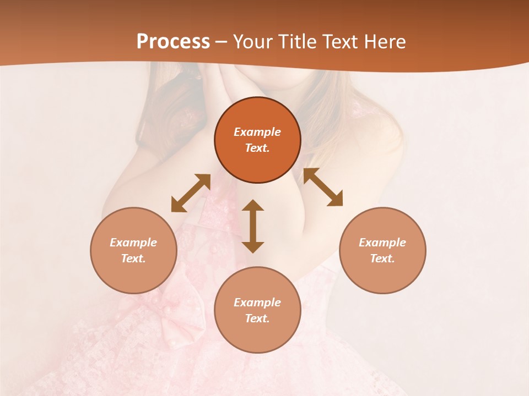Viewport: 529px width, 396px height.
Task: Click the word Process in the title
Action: pos(173,42)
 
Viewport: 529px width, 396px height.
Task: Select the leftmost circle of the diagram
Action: pos(133,250)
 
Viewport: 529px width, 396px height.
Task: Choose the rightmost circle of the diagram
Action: pos(382,250)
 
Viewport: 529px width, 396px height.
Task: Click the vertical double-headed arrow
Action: pos(253,226)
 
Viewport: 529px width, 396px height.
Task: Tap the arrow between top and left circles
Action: pos(191,193)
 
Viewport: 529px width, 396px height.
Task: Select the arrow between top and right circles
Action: pos(323,187)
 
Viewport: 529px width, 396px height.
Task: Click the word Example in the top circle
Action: pos(257,132)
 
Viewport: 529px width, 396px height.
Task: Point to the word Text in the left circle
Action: pos(133,258)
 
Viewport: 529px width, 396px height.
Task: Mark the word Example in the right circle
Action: pos(382,243)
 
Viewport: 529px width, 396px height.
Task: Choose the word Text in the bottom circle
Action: pos(257,318)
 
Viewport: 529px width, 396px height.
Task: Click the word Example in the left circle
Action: pos(133,243)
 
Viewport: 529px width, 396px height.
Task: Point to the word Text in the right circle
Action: pos(382,258)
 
